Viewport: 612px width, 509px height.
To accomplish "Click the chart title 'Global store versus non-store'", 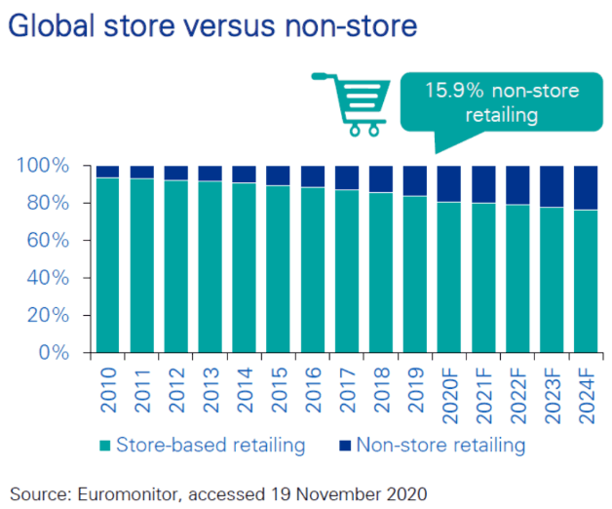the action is (212, 25).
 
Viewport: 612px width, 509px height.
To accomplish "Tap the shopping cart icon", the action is (351, 104).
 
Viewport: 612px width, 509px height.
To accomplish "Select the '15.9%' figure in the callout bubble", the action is (454, 91).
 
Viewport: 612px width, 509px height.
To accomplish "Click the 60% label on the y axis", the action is (48, 240).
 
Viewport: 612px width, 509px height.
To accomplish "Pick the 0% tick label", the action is (54, 352).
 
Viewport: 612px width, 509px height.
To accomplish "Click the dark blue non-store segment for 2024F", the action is (586, 188).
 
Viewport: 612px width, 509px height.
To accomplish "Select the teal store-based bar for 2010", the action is (108, 265).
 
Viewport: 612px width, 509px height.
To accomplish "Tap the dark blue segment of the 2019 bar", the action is (415, 180).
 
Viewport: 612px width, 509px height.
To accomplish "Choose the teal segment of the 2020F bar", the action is (449, 277).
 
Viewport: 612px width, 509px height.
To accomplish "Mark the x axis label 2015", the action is (279, 389).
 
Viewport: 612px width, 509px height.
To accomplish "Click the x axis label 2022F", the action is (517, 395).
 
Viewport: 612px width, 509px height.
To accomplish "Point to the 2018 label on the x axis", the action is (381, 389).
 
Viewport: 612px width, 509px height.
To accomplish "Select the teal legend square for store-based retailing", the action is (105, 446).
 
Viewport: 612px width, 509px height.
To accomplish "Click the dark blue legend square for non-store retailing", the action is (345, 446).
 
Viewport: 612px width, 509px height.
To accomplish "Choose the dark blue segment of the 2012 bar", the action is (176, 173).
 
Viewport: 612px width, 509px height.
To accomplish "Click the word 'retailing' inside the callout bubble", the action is (502, 115).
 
